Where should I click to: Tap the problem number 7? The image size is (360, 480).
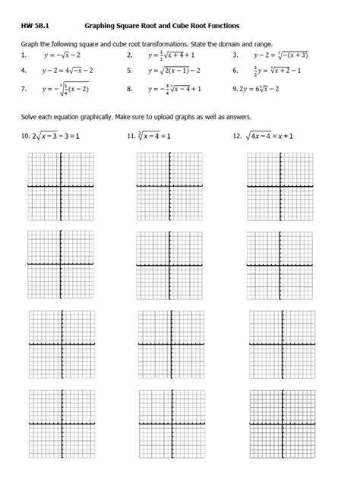pos(24,89)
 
